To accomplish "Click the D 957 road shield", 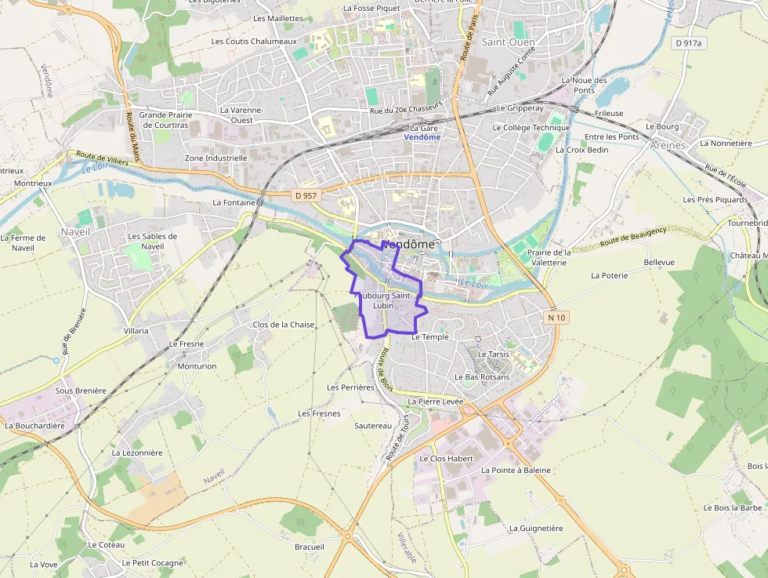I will [306, 194].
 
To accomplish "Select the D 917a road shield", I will [690, 44].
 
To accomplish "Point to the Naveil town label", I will [75, 232].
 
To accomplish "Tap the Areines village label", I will [668, 145].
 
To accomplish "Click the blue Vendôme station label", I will [422, 137].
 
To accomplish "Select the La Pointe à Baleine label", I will [515, 471].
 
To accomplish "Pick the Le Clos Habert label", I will [447, 459].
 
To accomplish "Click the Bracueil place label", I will [310, 547].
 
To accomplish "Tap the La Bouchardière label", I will [34, 426].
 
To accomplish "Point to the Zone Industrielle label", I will [216, 158].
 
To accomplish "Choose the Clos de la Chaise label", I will [283, 325].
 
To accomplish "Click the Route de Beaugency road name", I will [633, 238].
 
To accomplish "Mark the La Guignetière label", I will [536, 529].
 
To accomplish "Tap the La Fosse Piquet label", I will [371, 8].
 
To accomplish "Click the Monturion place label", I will [197, 366].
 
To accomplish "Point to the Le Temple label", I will [429, 337].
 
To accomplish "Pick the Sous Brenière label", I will [81, 391].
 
